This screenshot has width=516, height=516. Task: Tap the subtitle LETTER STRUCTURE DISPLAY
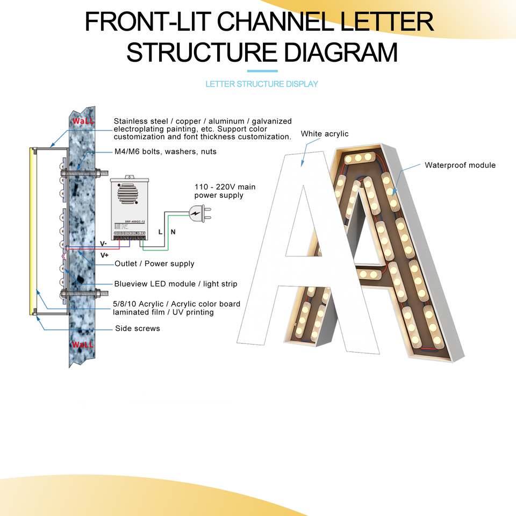pos(262,84)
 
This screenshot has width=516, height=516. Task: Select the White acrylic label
pos(325,134)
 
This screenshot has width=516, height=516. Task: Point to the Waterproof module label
pos(460,165)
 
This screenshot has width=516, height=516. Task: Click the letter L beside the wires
pos(160,232)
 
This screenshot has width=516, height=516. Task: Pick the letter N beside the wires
pos(173,232)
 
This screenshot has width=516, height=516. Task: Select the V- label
pos(103,243)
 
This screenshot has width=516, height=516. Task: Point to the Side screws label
pos(138,328)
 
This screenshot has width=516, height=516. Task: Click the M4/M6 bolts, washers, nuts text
pos(165,152)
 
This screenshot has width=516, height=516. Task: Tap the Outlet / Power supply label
pos(154,264)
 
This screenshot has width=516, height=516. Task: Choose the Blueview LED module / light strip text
pos(175,284)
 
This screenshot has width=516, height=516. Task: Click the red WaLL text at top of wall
pos(83,121)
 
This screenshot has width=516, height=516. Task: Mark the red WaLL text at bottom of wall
pos(83,345)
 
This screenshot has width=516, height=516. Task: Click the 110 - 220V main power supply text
pos(225,191)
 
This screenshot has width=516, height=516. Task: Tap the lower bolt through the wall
pos(83,294)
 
